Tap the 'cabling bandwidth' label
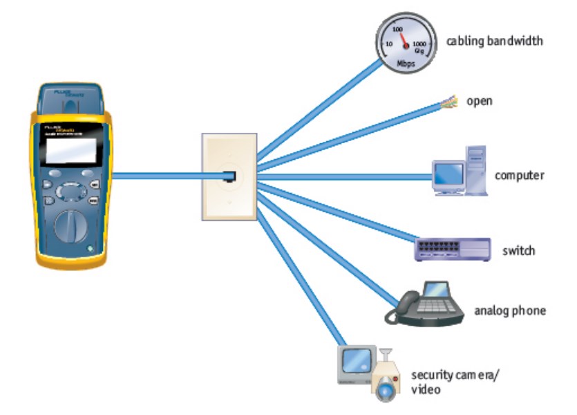pyautogui.click(x=494, y=41)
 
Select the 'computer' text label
pyautogui.click(x=519, y=175)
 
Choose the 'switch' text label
pyautogui.click(x=518, y=250)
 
